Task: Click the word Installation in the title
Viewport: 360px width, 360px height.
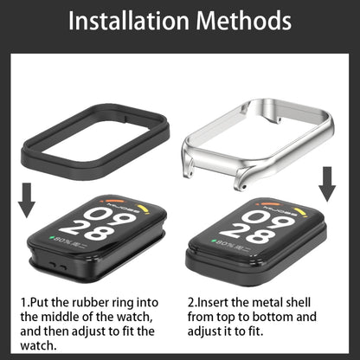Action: point(128,21)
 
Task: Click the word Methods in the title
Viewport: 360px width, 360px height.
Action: point(244,21)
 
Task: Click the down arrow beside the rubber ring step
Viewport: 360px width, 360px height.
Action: point(27,200)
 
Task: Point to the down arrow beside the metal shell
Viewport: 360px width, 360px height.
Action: point(327,184)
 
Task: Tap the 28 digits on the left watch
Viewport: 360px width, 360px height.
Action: point(87,229)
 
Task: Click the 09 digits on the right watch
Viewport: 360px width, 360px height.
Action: point(269,219)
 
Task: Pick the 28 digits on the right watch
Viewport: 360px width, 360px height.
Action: point(247,233)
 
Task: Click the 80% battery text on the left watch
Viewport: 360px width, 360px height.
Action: point(62,241)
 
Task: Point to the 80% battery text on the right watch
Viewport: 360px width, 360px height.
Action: point(226,244)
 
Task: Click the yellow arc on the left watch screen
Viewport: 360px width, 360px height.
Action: point(145,209)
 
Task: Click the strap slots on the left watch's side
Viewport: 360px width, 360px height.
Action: point(57,266)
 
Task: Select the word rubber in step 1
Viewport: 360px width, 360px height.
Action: point(87,303)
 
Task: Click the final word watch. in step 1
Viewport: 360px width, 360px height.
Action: point(38,345)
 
